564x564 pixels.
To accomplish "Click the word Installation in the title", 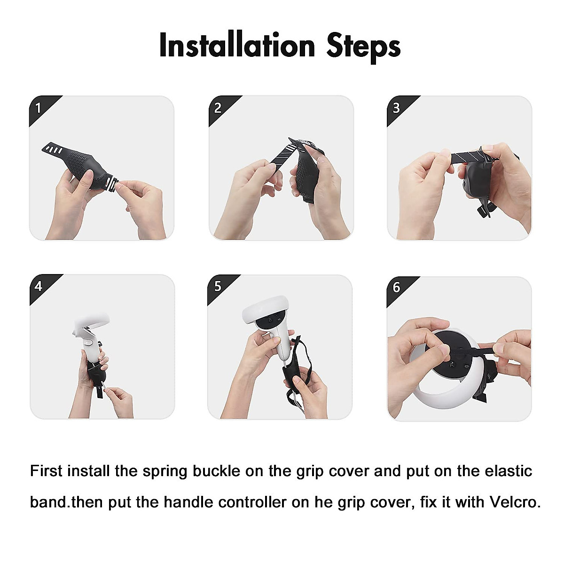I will point(237,46).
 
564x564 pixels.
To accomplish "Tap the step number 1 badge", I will point(39,109).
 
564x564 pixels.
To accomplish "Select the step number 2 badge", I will point(218,108).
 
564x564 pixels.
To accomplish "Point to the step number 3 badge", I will point(396,108).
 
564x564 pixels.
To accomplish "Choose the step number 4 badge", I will point(39,286).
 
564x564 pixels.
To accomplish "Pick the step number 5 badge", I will point(217,286).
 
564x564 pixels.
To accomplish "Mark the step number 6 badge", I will point(396,287).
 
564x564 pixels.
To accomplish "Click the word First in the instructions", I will point(46,471).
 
